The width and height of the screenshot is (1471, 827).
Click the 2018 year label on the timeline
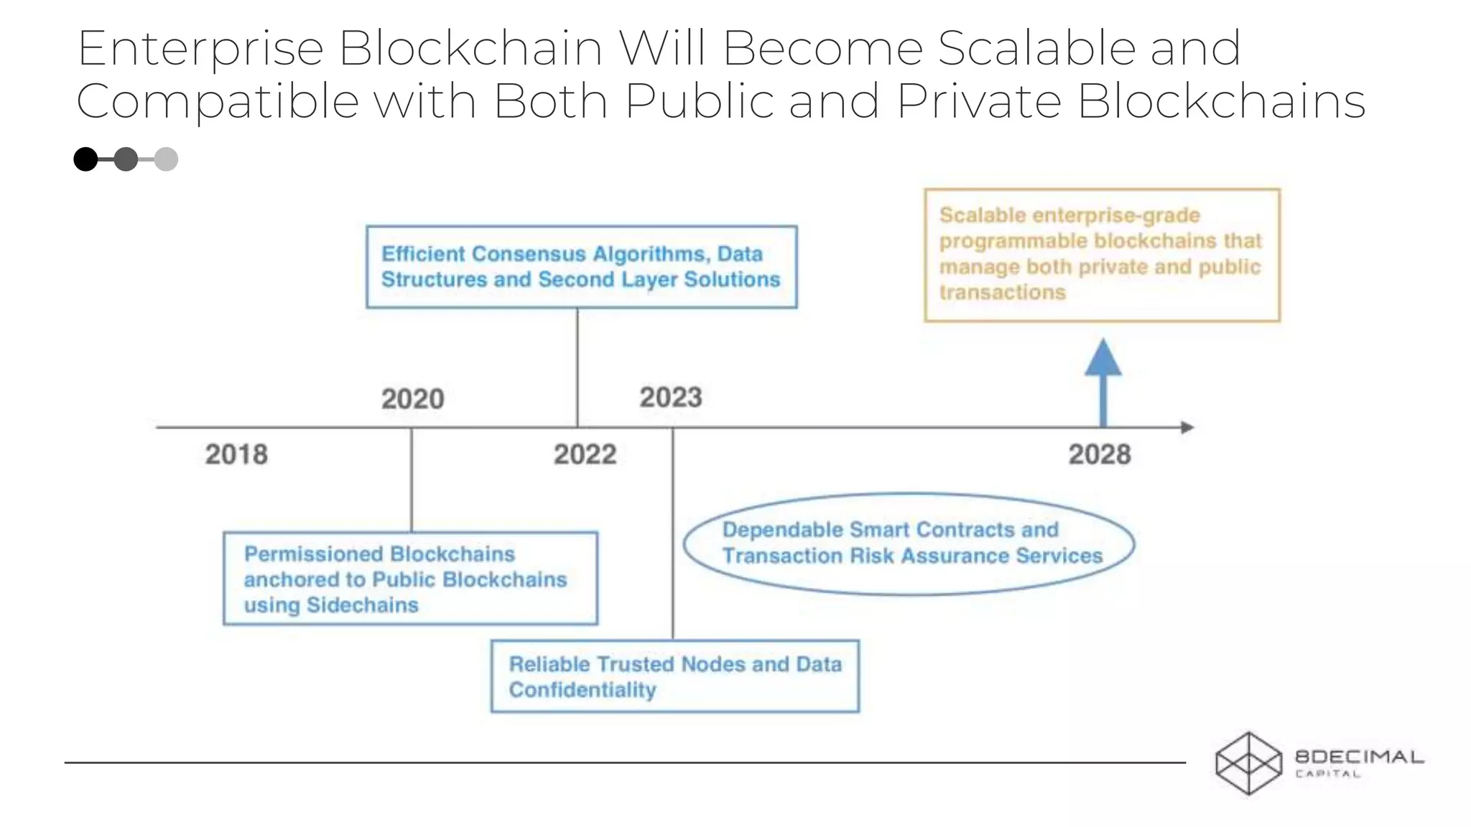click(236, 454)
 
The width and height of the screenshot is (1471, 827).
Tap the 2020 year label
click(413, 399)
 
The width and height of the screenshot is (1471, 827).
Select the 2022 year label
click(585, 454)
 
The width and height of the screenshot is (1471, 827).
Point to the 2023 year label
click(671, 398)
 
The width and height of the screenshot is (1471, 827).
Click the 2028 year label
click(1100, 454)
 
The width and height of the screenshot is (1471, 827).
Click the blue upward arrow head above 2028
click(1103, 357)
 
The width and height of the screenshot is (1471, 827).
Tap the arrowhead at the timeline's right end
click(1187, 427)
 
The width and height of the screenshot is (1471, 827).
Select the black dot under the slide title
click(86, 159)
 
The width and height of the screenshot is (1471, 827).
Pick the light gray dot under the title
click(166, 159)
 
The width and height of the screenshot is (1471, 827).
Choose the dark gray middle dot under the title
click(126, 159)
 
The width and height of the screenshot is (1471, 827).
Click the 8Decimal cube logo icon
click(1248, 763)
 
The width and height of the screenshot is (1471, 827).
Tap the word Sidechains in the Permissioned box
click(362, 605)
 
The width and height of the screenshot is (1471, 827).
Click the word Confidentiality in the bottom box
click(583, 690)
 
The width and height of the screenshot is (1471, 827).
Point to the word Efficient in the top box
click(424, 254)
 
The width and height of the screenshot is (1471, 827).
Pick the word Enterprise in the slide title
click(200, 49)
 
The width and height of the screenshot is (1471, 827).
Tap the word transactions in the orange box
click(1003, 292)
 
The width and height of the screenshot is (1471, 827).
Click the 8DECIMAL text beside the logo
click(1359, 757)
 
